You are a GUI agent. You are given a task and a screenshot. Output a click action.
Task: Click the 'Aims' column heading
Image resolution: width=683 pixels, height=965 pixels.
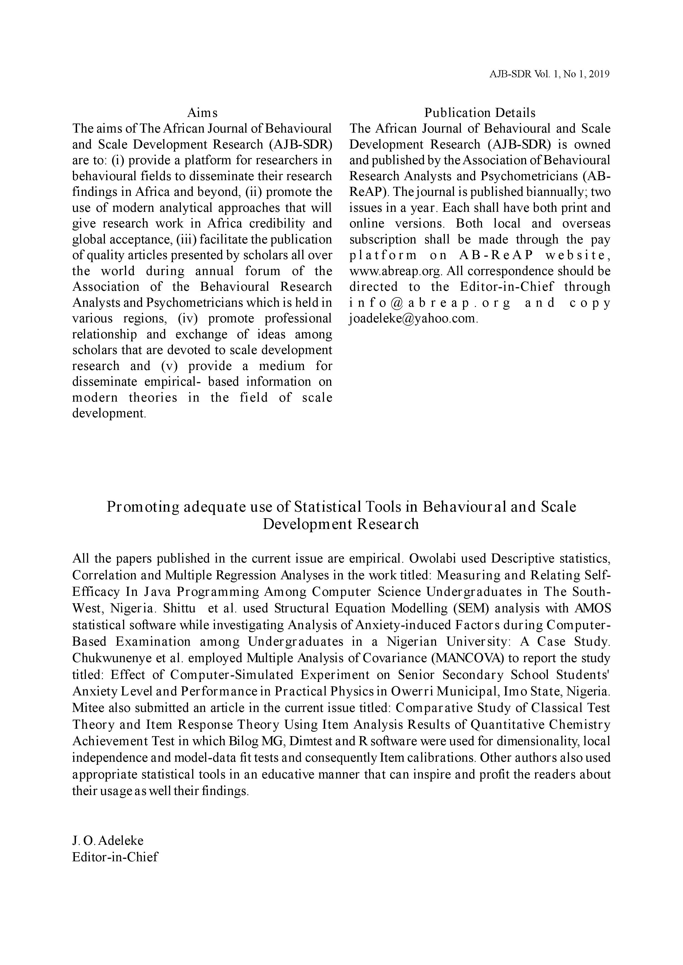202,113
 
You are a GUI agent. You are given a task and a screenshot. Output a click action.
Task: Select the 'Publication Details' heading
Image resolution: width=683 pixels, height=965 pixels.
480,113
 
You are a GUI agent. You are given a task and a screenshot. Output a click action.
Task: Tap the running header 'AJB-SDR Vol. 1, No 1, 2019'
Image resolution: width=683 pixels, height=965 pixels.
549,74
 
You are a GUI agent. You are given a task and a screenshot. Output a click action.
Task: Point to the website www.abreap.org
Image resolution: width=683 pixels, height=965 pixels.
395,271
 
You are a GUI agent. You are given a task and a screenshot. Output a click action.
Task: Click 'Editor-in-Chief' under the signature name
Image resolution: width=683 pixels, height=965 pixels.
115,857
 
